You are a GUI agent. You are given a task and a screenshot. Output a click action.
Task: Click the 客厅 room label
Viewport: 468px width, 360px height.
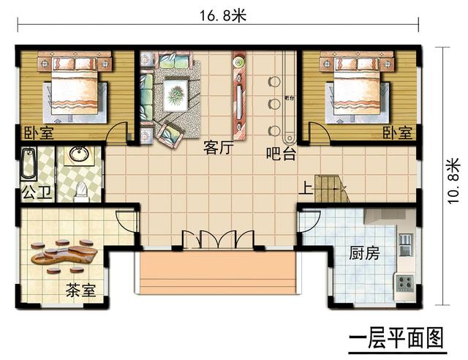point(218,149)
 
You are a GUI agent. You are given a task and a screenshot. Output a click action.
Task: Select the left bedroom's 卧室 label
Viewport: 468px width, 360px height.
point(37,133)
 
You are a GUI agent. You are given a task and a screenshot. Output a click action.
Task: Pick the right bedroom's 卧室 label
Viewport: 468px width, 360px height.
point(397,133)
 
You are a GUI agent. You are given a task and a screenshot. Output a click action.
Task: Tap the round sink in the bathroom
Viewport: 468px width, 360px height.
point(78,155)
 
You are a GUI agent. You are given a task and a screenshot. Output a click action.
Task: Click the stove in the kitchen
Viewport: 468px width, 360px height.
point(404,282)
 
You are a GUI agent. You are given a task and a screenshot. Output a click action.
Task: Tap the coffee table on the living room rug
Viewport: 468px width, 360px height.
point(175,94)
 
